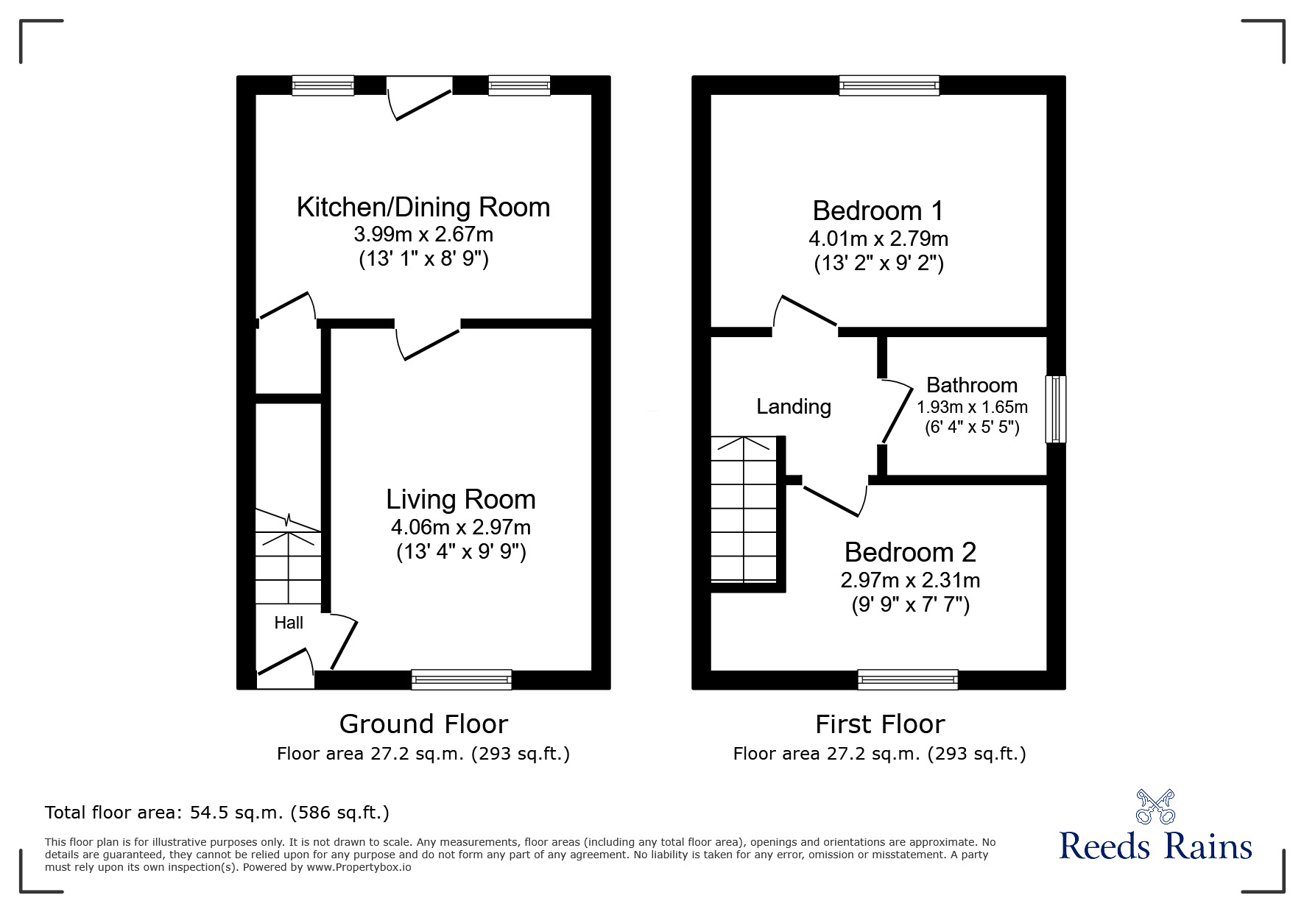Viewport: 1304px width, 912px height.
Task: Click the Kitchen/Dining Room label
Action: tap(423, 208)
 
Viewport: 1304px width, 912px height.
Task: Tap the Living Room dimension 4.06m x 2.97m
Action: tap(460, 527)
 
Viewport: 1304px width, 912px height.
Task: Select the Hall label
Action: tap(289, 623)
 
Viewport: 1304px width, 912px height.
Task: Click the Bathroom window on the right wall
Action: tap(1055, 409)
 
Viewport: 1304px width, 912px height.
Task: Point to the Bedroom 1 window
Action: tap(889, 86)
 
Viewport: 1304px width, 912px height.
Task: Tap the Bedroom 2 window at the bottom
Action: tap(907, 679)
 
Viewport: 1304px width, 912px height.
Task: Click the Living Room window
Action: tap(461, 679)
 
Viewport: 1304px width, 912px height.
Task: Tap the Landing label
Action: tap(794, 406)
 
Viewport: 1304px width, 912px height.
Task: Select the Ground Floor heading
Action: tap(423, 724)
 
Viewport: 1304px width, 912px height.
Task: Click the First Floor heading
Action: tap(879, 724)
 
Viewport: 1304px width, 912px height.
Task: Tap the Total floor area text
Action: tap(216, 813)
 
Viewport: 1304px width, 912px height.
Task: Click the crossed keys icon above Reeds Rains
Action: tap(1155, 807)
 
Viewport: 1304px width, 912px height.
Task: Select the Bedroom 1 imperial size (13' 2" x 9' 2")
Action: tap(878, 264)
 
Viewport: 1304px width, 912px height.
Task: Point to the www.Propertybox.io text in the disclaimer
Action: tap(359, 867)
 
